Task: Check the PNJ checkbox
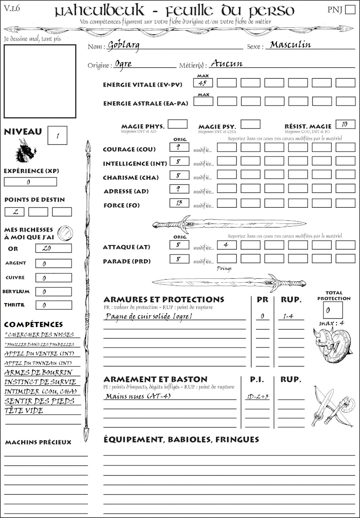tap(349, 10)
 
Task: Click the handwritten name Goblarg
tap(124, 45)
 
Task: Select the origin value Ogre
tap(123, 64)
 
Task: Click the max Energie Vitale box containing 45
tap(203, 83)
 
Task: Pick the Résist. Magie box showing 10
tap(345, 124)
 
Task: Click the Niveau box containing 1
tap(58, 135)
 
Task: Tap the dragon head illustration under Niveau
tap(25, 151)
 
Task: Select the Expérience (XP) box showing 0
tap(30, 182)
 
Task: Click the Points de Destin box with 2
tap(14, 212)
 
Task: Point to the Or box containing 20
tap(53, 248)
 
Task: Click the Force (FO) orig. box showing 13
tap(179, 203)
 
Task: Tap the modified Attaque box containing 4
tap(226, 245)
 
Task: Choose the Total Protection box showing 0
tap(333, 310)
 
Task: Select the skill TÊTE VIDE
tap(24, 411)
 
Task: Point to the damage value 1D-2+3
tap(257, 397)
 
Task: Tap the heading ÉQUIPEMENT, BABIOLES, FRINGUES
tap(181, 439)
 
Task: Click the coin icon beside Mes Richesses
tap(65, 232)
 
